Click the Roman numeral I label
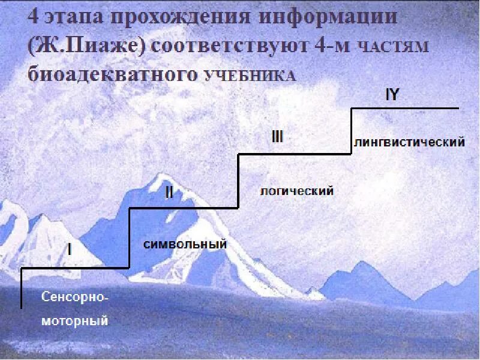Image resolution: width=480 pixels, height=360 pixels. coord(69,248)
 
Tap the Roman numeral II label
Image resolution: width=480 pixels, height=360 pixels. coord(169,192)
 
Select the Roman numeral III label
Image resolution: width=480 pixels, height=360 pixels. coord(277,137)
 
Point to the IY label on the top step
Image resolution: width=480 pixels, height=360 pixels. coord(393,95)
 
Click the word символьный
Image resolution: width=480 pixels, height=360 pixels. coord(185,244)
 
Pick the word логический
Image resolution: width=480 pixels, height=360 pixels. coord(296,191)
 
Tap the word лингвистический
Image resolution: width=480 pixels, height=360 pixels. coord(410,142)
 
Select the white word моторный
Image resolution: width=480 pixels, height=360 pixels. coord(75,321)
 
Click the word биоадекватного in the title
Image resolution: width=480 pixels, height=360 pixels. coord(113,75)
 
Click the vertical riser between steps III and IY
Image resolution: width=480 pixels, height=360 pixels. coord(351,131)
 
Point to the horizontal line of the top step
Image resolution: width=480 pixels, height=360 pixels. coord(405,108)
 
